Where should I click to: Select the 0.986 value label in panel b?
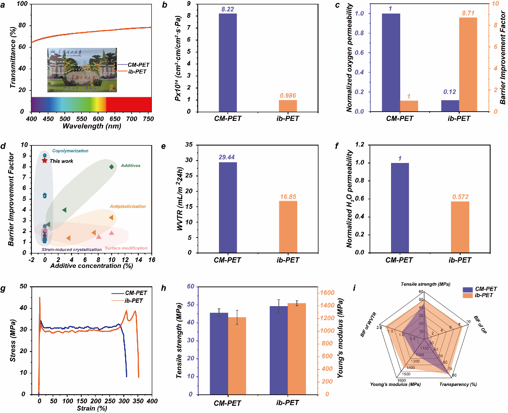pyautogui.click(x=288, y=96)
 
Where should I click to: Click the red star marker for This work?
pyautogui.click(x=45, y=161)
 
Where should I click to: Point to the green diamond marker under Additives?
pyautogui.click(x=112, y=167)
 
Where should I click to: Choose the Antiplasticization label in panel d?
pyautogui.click(x=128, y=206)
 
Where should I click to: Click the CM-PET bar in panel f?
pyautogui.click(x=399, y=208)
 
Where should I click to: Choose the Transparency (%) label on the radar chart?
pyautogui.click(x=458, y=384)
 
